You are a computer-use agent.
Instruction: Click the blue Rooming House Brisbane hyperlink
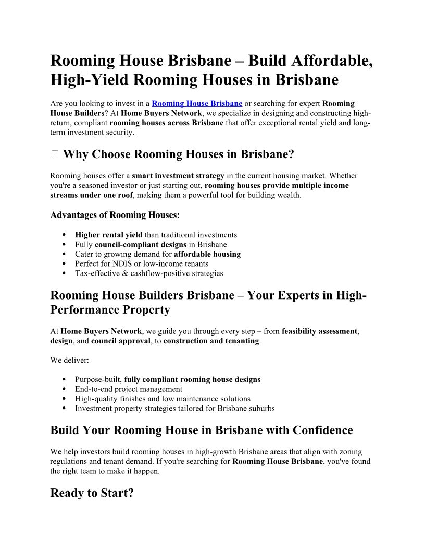[x=197, y=103]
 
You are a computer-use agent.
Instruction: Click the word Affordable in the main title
[x=329, y=61]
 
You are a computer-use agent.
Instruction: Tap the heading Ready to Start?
[x=92, y=493]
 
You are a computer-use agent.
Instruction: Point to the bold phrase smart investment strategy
[x=178, y=176]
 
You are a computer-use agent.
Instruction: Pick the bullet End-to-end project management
[x=129, y=389]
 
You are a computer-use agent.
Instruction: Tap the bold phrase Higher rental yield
[x=108, y=235]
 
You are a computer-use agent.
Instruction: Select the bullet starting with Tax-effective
[x=149, y=273]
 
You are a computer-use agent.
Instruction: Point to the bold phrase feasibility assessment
[x=319, y=331]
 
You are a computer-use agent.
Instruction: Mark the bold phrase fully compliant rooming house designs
[x=192, y=379]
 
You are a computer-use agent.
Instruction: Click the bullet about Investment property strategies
[x=174, y=408]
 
